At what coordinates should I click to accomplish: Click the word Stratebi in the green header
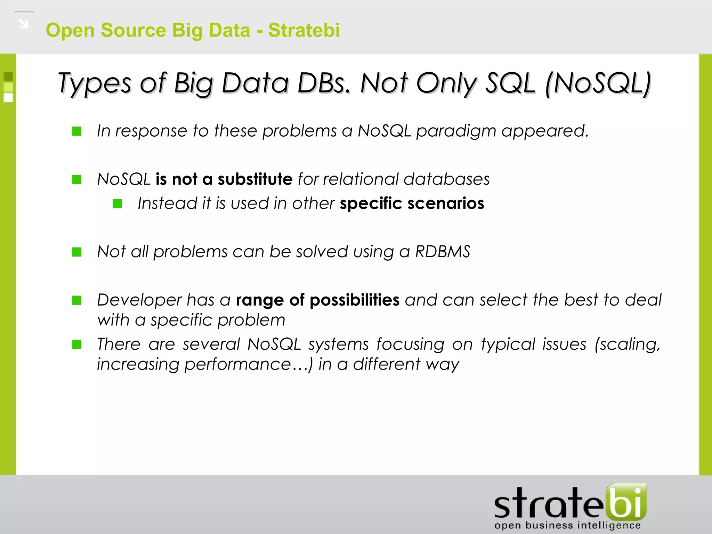[x=304, y=30]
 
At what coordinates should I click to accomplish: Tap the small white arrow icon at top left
[x=24, y=24]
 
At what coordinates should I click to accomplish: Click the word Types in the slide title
[x=94, y=84]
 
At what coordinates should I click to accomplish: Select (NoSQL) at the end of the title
[x=598, y=84]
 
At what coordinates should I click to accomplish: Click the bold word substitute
[x=255, y=179]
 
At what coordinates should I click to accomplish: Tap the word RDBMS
[x=443, y=252]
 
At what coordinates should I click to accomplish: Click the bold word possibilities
[x=354, y=300]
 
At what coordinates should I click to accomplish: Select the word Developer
[x=139, y=300]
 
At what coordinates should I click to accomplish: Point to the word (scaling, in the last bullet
[x=627, y=345]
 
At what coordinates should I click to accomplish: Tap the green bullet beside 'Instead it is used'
[x=118, y=204]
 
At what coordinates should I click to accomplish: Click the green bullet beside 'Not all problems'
[x=77, y=252]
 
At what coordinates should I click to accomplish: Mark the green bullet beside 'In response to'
[x=77, y=131]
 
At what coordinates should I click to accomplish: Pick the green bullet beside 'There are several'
[x=77, y=345]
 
